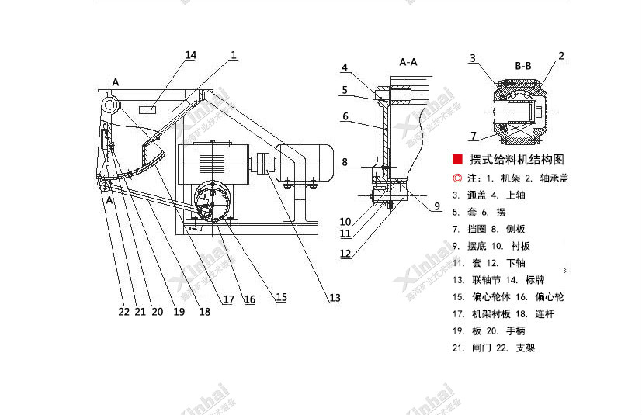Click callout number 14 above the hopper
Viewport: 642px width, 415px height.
coord(191,54)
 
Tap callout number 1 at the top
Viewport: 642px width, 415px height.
coord(234,54)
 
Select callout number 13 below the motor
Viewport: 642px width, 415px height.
coord(335,297)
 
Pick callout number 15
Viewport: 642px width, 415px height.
coord(280,297)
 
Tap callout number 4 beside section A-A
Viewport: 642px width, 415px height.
coord(345,67)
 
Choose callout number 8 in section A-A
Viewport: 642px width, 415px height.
coord(345,162)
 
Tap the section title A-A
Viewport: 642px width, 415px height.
coord(408,61)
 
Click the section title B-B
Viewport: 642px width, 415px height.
coord(522,67)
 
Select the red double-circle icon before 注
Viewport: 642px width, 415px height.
coord(458,178)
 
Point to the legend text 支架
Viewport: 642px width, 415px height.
coord(525,348)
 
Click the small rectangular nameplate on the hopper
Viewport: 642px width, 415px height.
coord(151,110)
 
